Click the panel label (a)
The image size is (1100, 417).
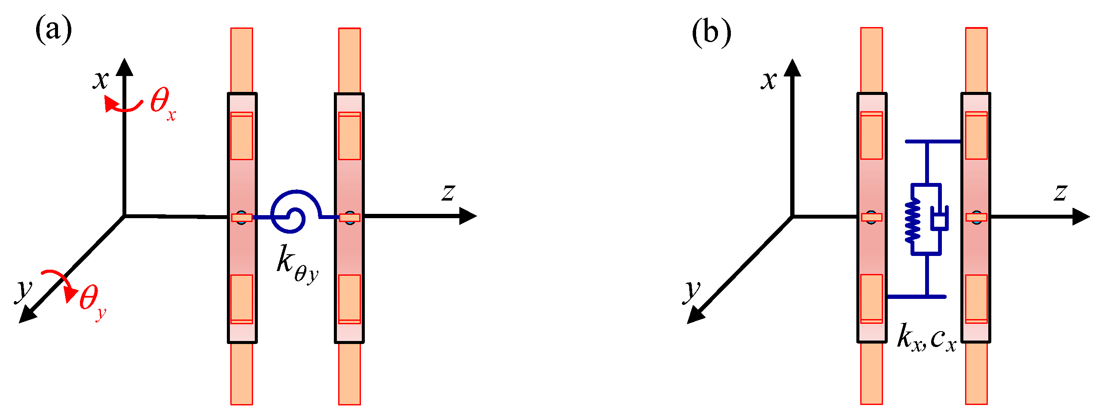(53, 29)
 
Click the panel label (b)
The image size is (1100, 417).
(712, 32)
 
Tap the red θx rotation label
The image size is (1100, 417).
(162, 103)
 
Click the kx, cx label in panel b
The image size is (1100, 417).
(926, 338)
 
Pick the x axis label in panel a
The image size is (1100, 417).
(101, 79)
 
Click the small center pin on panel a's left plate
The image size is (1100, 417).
(242, 217)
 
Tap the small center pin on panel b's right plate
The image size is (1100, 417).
(976, 217)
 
